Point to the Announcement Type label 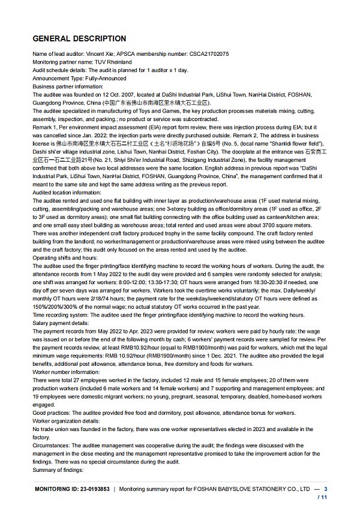(x=58, y=77)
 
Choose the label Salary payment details (x=60, y=322)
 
